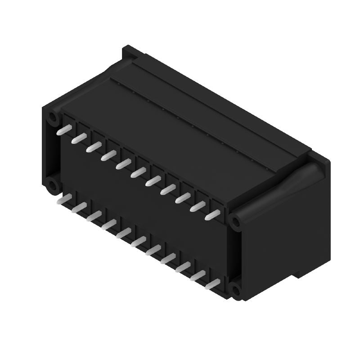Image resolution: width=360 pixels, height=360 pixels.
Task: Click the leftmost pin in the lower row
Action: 63,199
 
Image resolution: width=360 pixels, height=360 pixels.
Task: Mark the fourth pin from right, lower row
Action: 169,258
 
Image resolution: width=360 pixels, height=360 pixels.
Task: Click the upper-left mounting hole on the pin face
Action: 53,118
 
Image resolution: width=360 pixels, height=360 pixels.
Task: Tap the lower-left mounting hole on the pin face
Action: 53,185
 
